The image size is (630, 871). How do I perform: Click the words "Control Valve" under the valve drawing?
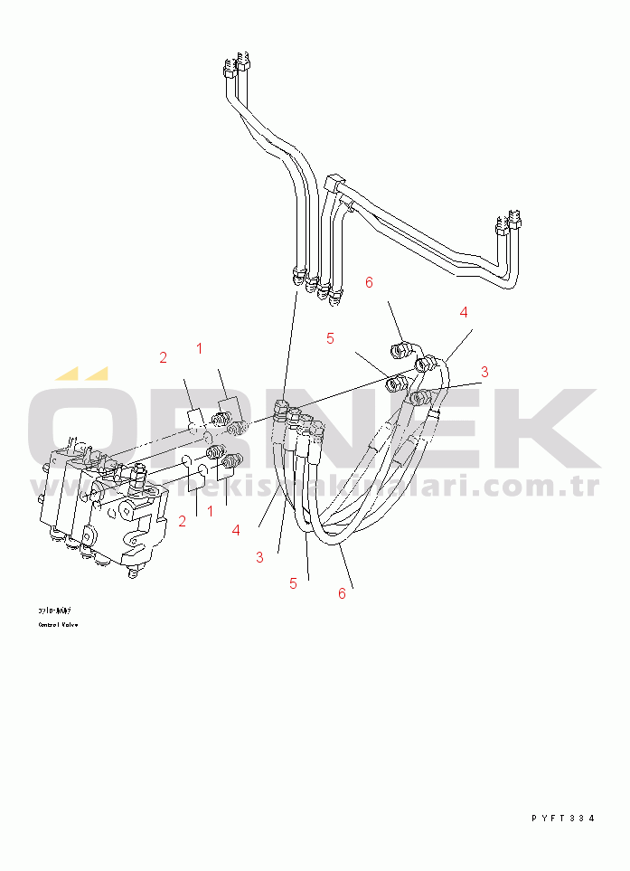pos(58,624)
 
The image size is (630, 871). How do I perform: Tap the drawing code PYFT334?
pos(562,818)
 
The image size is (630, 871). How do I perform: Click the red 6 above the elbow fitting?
pos(369,282)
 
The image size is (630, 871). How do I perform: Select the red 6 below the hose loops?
pos(342,593)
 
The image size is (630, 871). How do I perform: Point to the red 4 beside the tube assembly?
pos(464,312)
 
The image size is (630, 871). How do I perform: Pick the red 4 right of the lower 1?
pos(236,531)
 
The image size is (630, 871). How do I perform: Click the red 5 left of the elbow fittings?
pos(331,338)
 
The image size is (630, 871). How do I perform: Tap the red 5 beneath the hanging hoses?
pos(293,583)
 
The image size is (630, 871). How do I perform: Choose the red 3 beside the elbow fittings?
pos(484,371)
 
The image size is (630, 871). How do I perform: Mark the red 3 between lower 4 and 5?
pos(259,557)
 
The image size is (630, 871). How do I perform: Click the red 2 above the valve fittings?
pos(164,357)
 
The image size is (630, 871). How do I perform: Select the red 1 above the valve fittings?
pos(199,347)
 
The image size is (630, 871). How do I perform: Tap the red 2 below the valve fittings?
pos(183,521)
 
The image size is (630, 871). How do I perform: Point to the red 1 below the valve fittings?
pos(210,511)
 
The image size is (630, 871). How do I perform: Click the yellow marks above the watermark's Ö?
pos(81,373)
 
